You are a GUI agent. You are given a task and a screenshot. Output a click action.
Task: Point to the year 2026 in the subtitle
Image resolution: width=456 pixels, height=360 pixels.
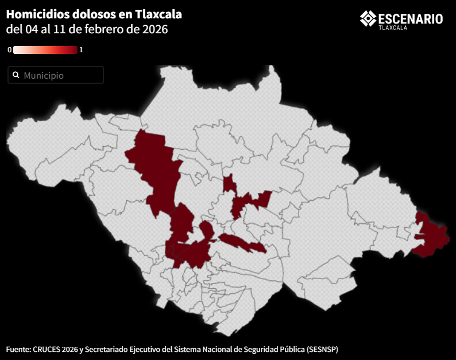point(154,29)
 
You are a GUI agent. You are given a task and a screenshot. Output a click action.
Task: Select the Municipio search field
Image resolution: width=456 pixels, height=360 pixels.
point(56,75)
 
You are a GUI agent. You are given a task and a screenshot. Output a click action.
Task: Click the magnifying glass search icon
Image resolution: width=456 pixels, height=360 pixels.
point(16,75)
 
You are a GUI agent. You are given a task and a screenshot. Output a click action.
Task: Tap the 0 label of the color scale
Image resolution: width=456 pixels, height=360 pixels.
point(9,50)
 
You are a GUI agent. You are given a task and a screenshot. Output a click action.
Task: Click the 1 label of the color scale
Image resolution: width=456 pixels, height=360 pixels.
point(81,50)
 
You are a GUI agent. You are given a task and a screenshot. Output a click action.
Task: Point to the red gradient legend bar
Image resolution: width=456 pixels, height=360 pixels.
point(45,50)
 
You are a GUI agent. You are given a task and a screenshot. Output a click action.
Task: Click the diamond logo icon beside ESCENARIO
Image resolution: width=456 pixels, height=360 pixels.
point(368,18)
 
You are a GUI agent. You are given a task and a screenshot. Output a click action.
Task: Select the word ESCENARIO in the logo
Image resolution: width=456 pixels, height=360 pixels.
point(410,18)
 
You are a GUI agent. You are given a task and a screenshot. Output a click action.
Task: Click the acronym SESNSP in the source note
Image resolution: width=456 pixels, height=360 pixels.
point(327,349)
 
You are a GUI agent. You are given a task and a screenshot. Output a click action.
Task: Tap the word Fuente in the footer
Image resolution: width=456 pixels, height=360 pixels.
point(18,349)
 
